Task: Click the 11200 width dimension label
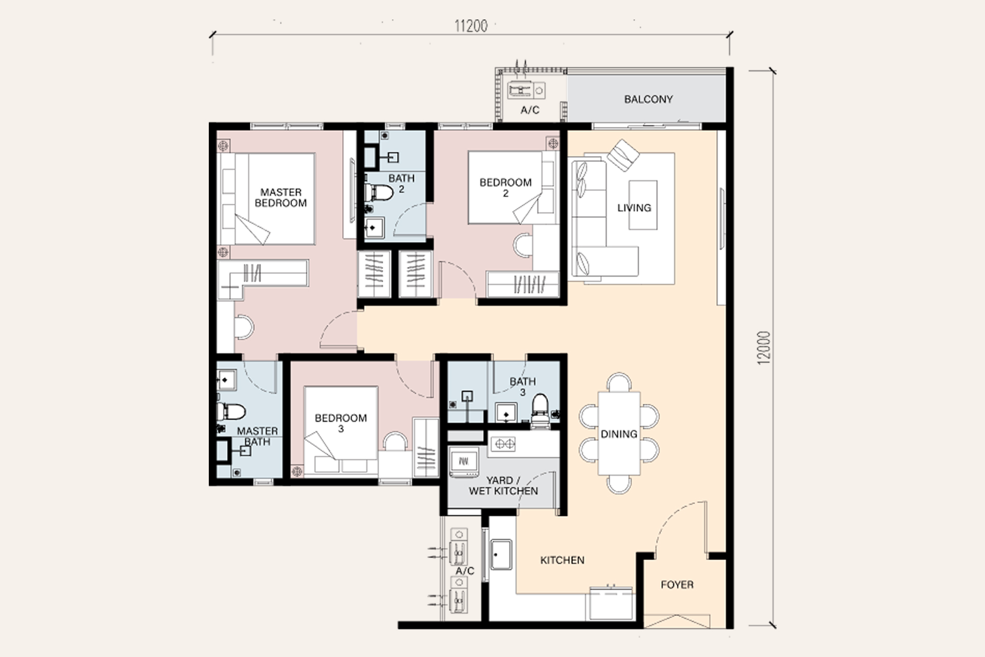click(x=470, y=26)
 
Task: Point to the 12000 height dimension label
click(x=764, y=348)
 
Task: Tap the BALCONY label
click(x=648, y=99)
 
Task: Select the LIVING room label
click(x=634, y=207)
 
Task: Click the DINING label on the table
click(x=619, y=434)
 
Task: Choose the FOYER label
click(x=677, y=584)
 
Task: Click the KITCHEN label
click(x=562, y=560)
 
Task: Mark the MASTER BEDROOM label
click(x=281, y=198)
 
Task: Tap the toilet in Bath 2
click(x=379, y=192)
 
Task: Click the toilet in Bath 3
click(x=540, y=411)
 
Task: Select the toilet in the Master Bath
click(x=231, y=411)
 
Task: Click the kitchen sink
click(x=501, y=554)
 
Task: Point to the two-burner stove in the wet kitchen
click(x=504, y=443)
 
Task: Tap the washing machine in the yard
click(x=464, y=461)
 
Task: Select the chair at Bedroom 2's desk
click(x=523, y=244)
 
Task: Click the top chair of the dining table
click(x=619, y=382)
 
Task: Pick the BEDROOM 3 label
click(x=341, y=423)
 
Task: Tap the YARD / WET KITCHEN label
click(x=503, y=486)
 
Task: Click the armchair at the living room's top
click(x=623, y=155)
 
